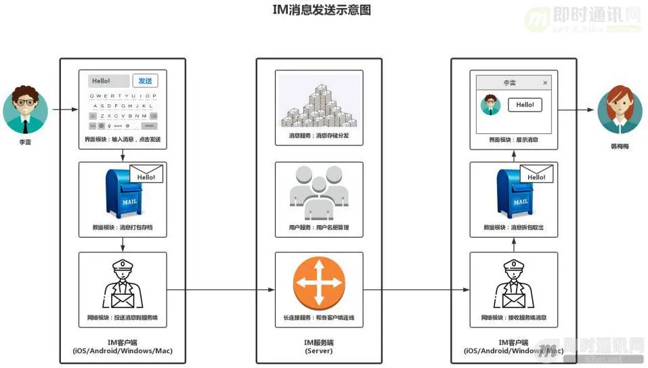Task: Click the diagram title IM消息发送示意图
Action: (x=323, y=10)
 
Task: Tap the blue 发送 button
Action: (x=145, y=81)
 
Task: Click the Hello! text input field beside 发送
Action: (x=108, y=81)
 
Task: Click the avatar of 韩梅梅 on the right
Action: (x=619, y=110)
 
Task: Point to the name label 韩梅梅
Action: (x=619, y=145)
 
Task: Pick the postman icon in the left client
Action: (x=123, y=284)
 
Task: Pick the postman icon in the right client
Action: (x=514, y=284)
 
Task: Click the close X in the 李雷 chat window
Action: (x=545, y=83)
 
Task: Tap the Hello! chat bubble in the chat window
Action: (x=525, y=105)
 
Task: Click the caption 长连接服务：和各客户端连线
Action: (x=318, y=317)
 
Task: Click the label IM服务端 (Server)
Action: (x=318, y=346)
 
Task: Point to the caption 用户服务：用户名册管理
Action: (x=318, y=227)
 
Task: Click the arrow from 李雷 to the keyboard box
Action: (x=65, y=109)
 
